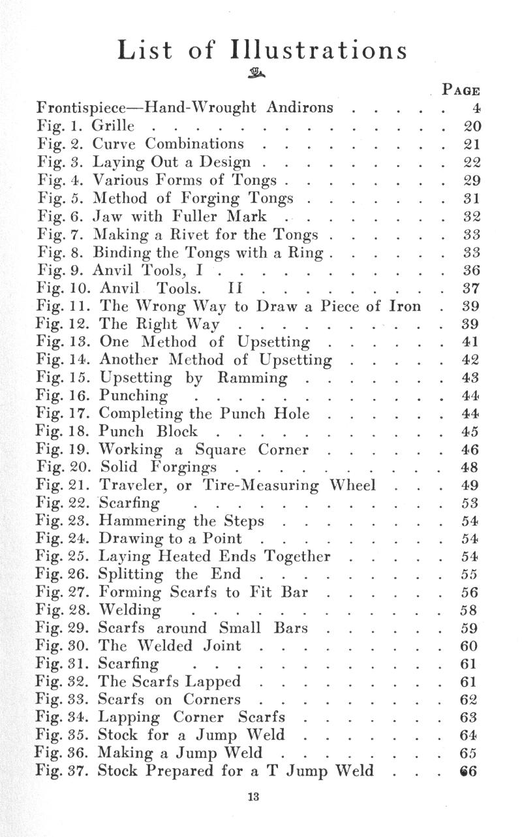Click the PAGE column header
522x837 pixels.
461,90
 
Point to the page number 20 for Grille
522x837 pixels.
471,126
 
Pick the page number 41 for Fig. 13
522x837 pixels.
471,341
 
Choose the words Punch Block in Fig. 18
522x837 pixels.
148,431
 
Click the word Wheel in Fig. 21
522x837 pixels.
352,485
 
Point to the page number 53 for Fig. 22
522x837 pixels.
471,503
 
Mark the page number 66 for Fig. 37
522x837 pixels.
470,771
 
